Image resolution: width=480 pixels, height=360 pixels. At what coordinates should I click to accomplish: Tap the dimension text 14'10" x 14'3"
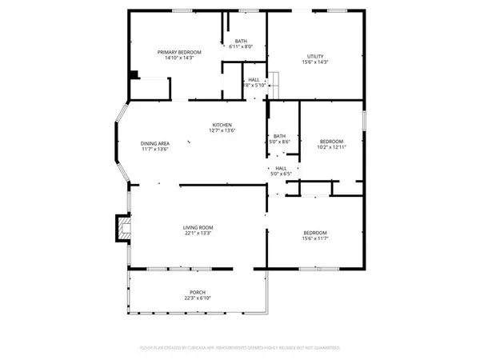click(178, 58)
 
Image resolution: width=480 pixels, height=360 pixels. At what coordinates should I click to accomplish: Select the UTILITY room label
click(314, 56)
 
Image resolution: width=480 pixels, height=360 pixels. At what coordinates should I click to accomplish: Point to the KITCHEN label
click(222, 124)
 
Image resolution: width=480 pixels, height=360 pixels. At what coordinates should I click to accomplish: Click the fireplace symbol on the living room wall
click(122, 228)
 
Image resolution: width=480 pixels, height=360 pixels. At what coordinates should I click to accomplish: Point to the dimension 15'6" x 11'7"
click(314, 238)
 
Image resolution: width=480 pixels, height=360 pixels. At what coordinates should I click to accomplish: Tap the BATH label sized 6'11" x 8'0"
click(240, 42)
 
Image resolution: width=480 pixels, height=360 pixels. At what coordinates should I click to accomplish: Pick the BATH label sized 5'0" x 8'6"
click(279, 136)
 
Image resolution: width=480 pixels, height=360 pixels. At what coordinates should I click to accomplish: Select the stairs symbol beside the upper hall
click(274, 80)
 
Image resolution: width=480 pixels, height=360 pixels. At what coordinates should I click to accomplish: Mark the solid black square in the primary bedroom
click(134, 75)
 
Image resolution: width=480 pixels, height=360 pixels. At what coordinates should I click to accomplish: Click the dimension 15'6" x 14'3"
click(314, 62)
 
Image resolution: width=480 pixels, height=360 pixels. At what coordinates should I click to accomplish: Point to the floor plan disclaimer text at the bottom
click(240, 348)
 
